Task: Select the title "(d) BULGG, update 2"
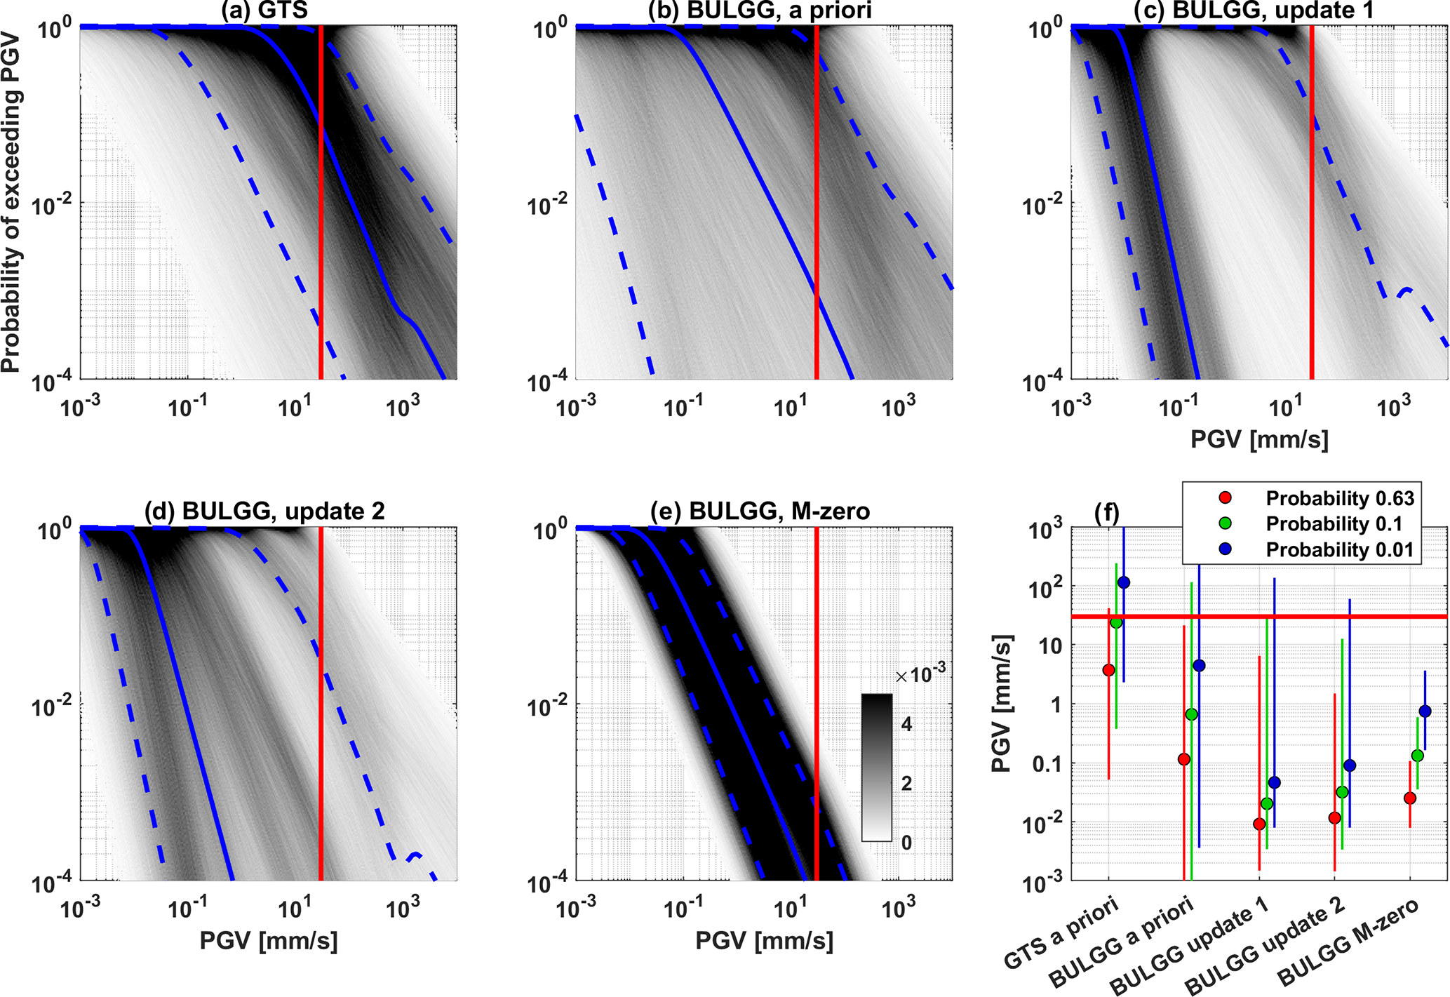coord(264,511)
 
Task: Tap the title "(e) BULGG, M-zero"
coord(760,511)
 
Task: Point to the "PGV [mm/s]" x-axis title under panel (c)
coord(1259,440)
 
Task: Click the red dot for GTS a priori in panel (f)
coord(1108,670)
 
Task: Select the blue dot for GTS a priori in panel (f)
coord(1124,582)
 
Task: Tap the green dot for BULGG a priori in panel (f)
coord(1191,714)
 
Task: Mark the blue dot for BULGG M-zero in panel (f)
coord(1425,711)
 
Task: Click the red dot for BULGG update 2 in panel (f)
coord(1334,818)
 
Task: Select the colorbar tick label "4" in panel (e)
coord(906,724)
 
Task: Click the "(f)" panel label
coord(1107,513)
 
